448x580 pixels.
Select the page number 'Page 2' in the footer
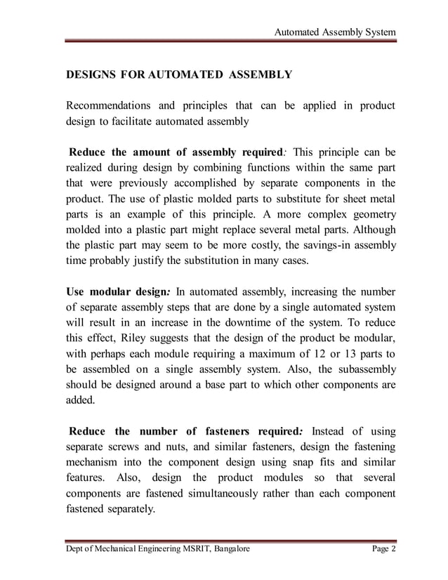tap(383, 548)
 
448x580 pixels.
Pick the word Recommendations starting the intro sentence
tap(105, 105)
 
